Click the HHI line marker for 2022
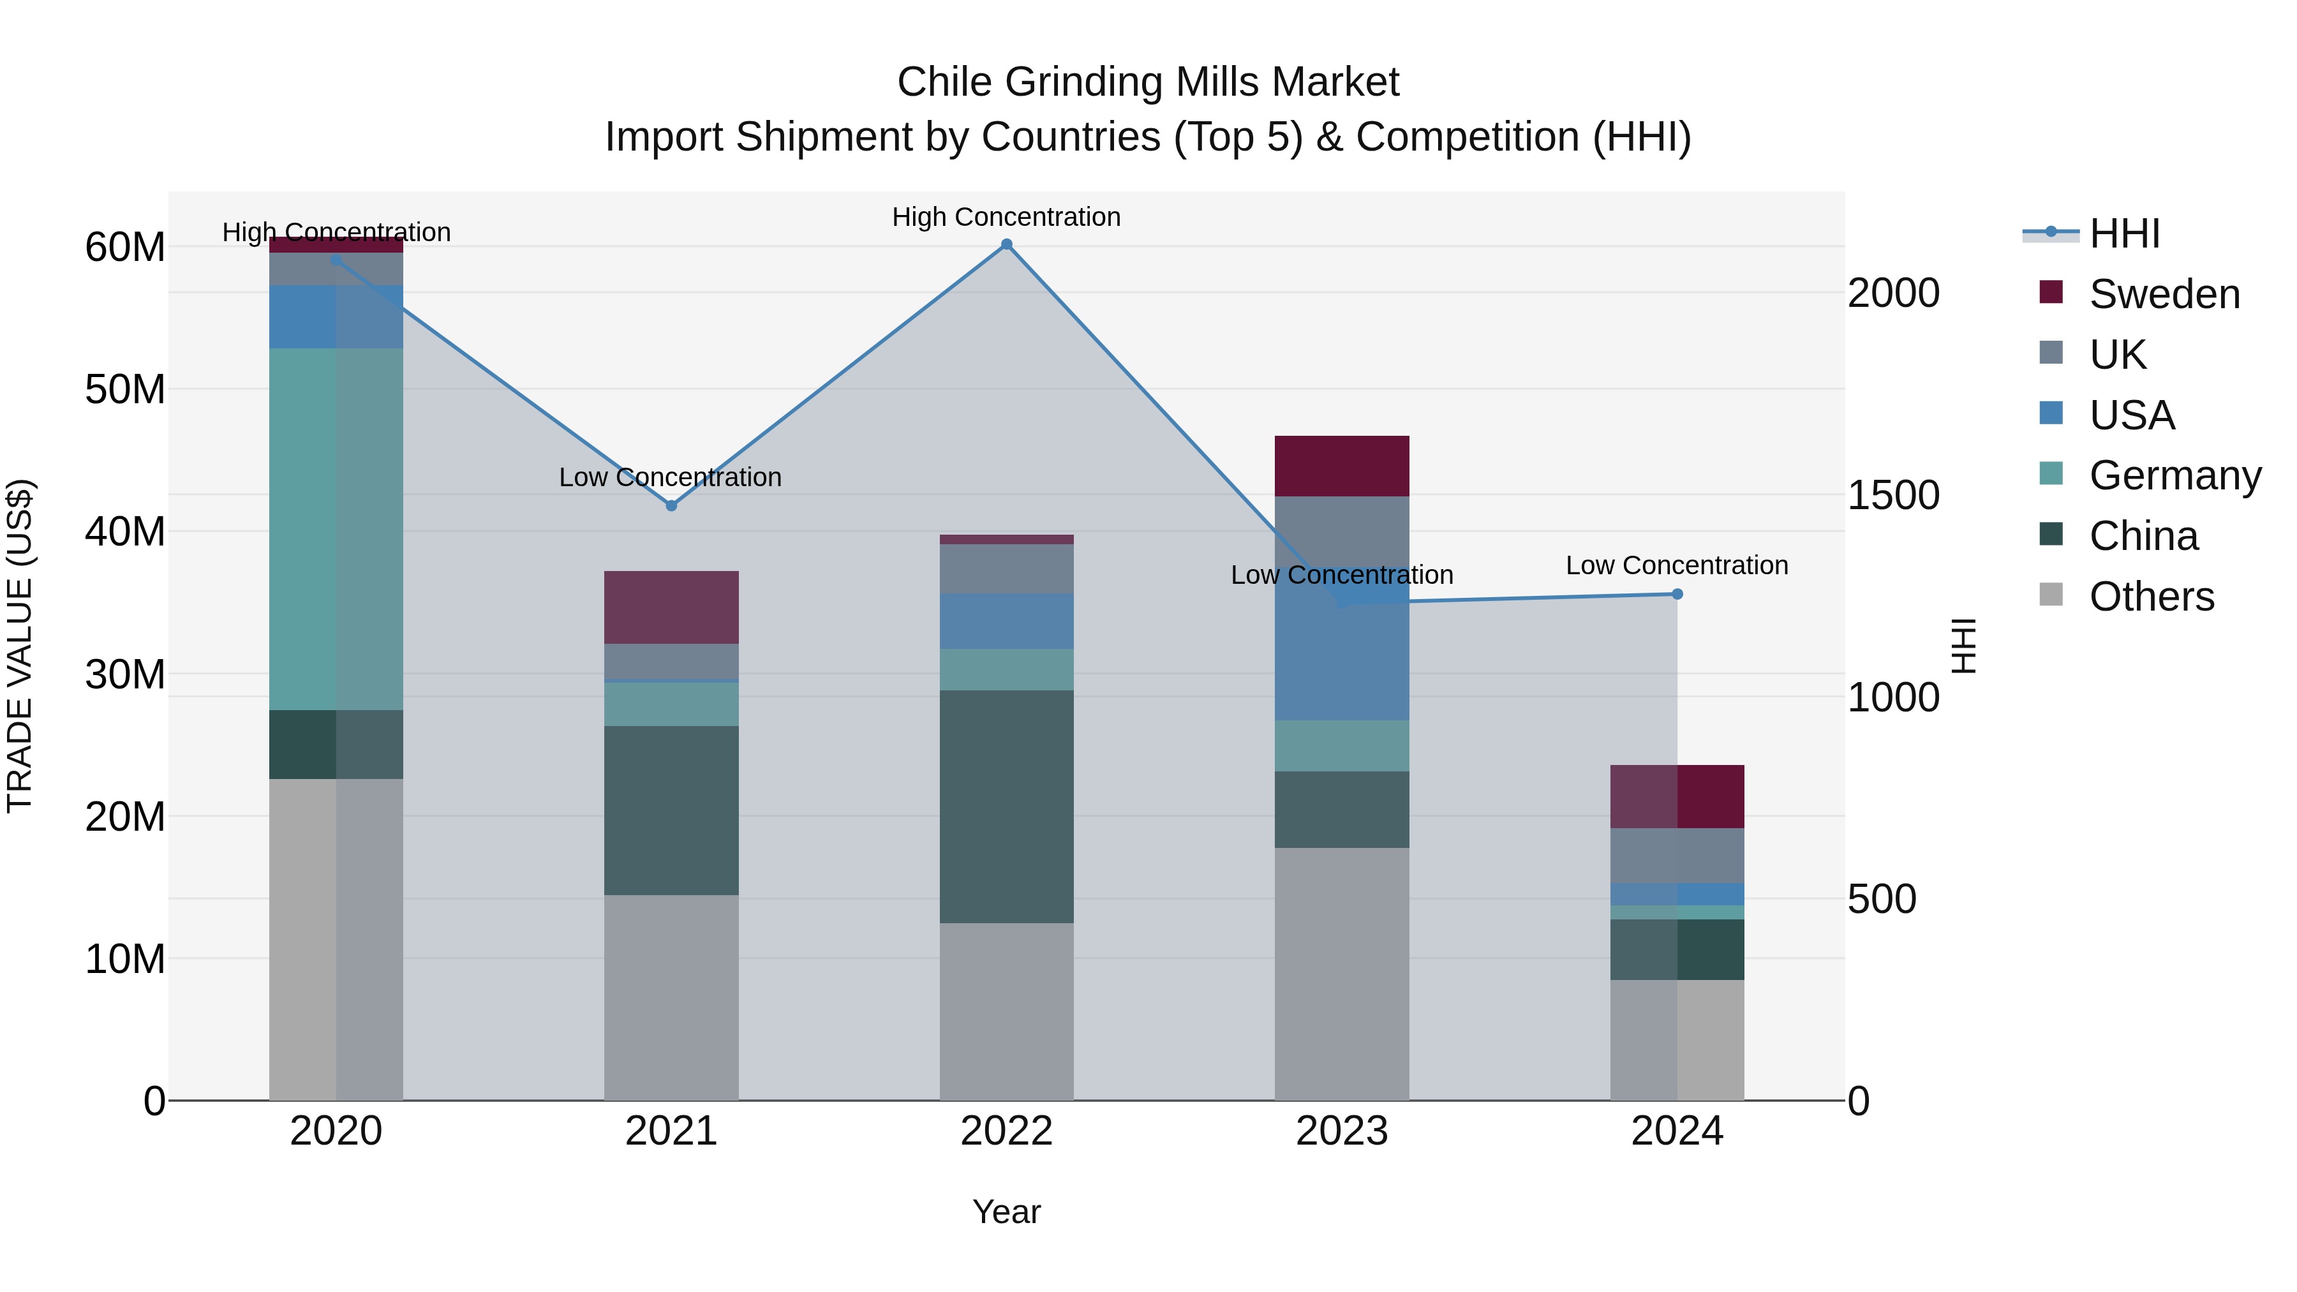coord(1007,244)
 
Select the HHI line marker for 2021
coord(671,505)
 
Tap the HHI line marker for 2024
coord(1677,594)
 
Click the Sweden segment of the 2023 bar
coord(1342,466)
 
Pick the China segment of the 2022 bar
coord(1007,806)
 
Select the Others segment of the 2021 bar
coord(671,997)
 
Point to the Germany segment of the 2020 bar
coord(336,529)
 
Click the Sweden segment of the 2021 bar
coord(671,607)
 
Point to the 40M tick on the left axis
coord(125,531)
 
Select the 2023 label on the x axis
coord(1342,1131)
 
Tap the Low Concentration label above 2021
coord(671,477)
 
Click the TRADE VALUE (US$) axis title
coord(20,646)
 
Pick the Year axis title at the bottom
coord(1007,1212)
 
